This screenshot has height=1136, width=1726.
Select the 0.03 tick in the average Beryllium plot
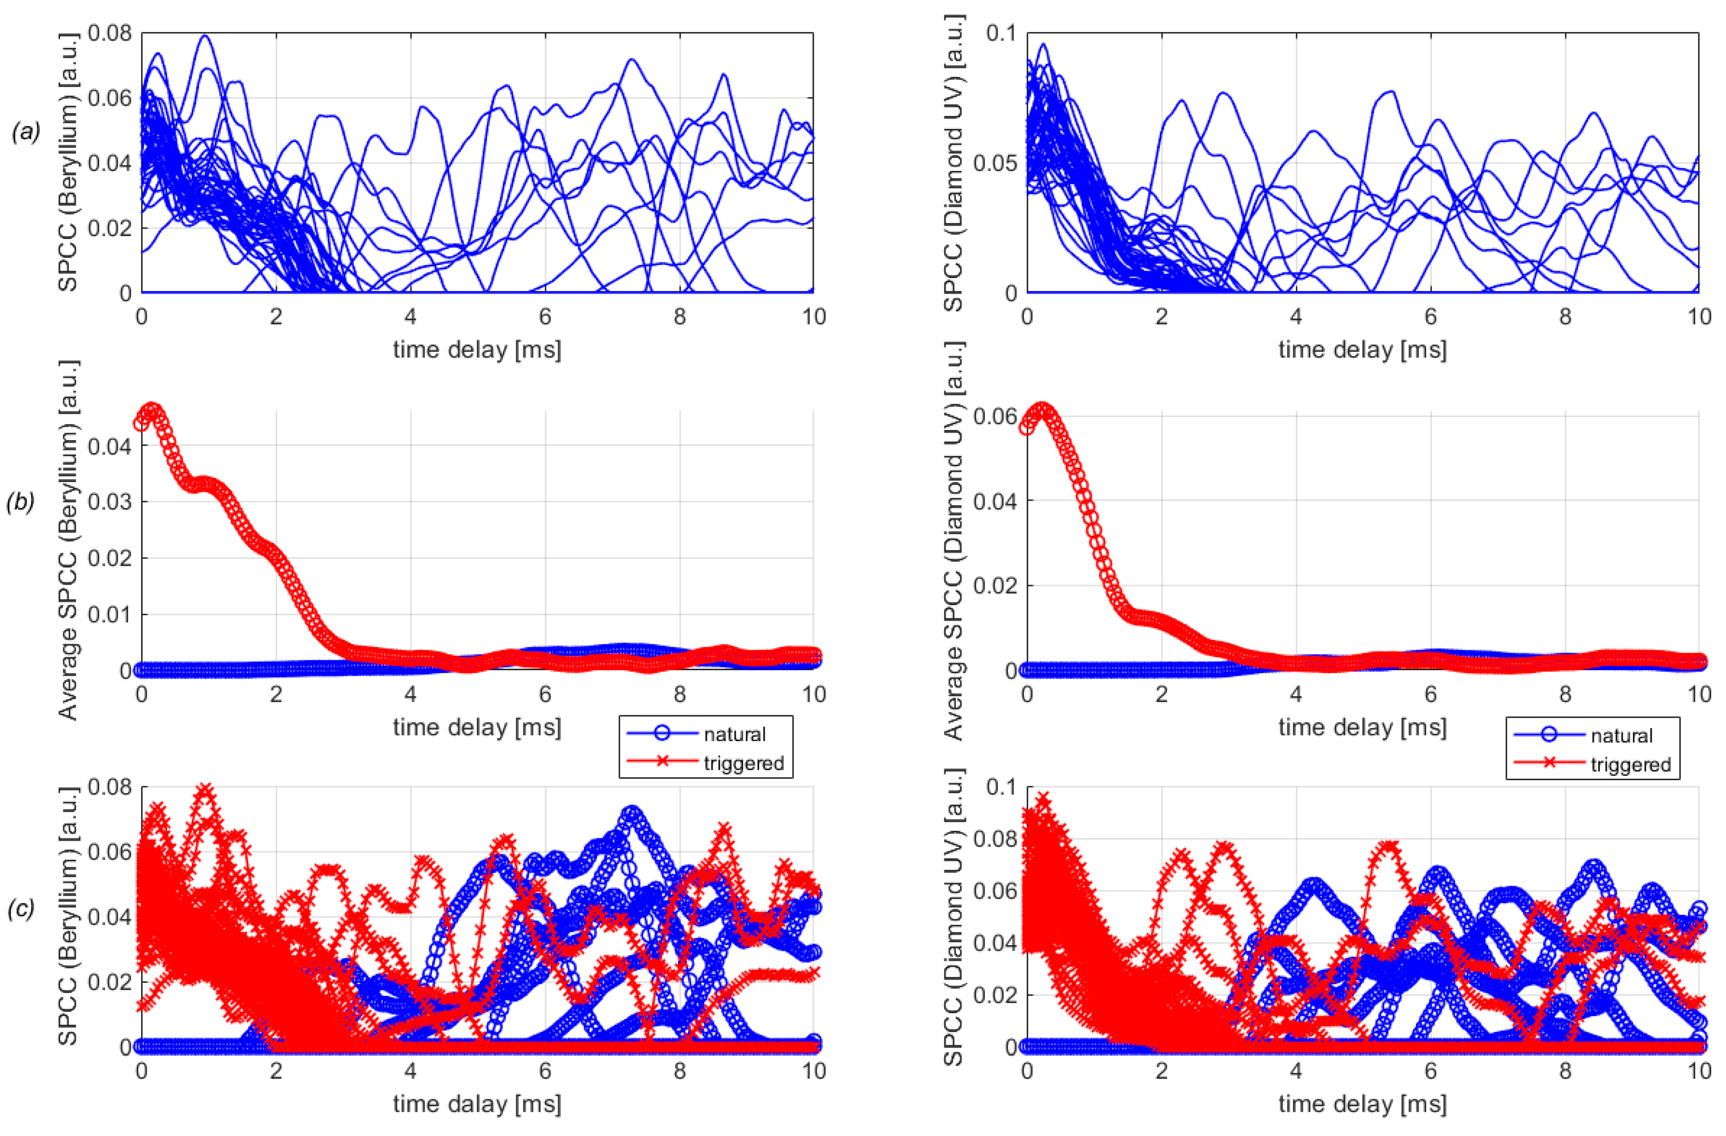click(109, 502)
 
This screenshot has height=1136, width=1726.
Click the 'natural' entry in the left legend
click(734, 734)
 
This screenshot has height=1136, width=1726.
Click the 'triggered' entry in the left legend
click(744, 763)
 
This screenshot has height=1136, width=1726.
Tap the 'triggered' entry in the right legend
click(1630, 765)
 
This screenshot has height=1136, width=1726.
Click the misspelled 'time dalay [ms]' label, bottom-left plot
click(476, 1104)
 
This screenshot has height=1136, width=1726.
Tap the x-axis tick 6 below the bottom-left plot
click(545, 1071)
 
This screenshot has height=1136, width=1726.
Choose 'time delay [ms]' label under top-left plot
click(476, 350)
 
